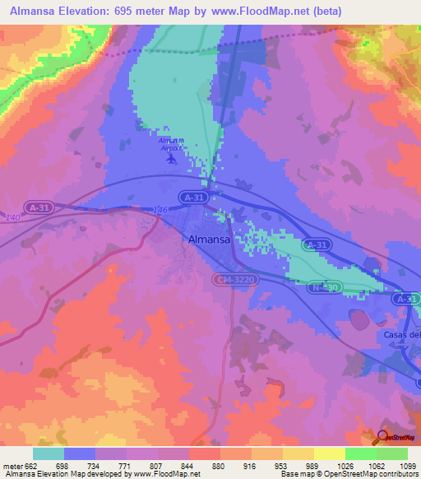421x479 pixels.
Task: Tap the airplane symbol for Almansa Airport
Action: coord(170,157)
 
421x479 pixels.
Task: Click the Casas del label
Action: coord(401,335)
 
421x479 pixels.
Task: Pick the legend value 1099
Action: coord(407,466)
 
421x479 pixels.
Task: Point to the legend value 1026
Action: coord(345,466)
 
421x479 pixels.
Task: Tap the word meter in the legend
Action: coord(12,466)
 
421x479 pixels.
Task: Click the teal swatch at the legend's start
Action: coord(49,453)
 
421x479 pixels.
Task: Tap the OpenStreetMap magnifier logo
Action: coord(383,435)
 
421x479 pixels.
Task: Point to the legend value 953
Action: coord(283,466)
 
